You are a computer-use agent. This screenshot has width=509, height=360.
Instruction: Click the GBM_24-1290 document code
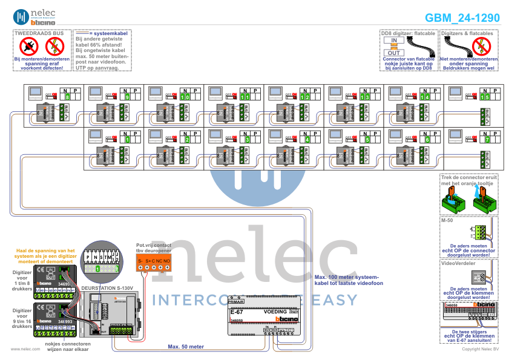462,18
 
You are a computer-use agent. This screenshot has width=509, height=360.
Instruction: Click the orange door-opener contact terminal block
154,261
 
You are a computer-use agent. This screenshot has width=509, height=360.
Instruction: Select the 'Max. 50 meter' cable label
186,347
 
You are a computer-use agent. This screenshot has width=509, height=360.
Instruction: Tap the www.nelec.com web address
25,349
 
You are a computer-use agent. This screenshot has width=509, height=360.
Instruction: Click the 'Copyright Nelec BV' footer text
481,349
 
